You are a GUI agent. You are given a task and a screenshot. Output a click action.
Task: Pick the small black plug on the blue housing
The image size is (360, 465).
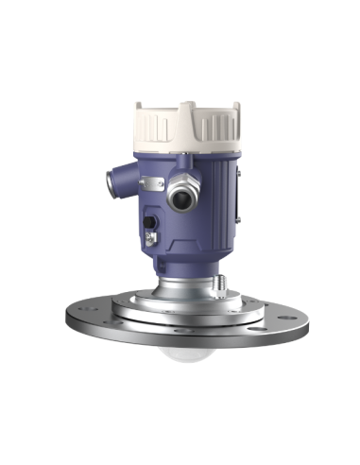point(149,223)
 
